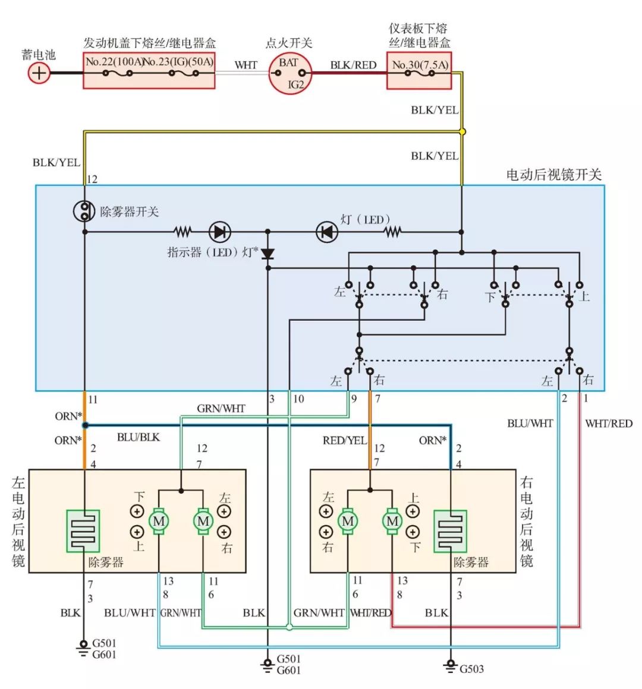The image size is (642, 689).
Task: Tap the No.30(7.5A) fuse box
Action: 419,71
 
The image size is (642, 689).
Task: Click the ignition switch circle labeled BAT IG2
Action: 289,73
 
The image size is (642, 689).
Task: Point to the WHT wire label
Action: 246,65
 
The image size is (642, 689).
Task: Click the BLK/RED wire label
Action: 353,65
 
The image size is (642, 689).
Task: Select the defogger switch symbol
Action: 84,211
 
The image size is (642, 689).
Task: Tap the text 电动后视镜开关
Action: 553,175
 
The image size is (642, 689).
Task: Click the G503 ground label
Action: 471,669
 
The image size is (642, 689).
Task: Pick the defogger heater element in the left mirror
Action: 83,530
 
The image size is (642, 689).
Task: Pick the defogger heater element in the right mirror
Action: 450,530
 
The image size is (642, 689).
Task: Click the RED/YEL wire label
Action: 345,441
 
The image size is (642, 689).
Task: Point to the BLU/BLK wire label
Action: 138,437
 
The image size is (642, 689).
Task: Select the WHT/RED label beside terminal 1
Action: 609,423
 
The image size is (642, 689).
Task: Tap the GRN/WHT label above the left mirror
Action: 221,409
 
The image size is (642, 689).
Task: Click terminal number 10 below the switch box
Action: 298,399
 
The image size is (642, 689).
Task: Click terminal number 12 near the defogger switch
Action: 92,179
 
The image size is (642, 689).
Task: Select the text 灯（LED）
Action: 365,220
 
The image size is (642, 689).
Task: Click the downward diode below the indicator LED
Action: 268,254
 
